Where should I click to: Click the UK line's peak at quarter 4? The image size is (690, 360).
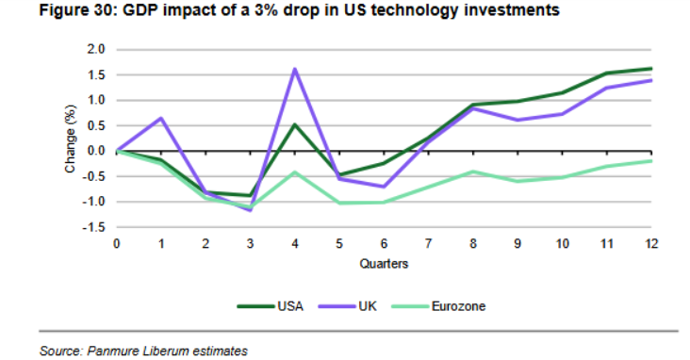(295, 69)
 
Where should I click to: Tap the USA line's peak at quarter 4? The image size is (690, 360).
(295, 124)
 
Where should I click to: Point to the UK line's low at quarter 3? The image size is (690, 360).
(251, 210)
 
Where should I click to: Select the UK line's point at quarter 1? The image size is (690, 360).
(161, 118)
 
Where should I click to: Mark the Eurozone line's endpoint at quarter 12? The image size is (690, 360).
(650, 161)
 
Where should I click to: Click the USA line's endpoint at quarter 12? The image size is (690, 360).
(650, 69)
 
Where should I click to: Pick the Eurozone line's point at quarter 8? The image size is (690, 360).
(473, 172)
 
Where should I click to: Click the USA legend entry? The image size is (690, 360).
(271, 306)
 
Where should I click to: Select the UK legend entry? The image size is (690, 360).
(348, 306)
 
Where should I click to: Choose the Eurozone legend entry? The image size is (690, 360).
(438, 306)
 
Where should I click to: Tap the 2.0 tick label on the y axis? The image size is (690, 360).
(95, 49)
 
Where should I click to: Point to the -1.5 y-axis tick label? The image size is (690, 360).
(93, 227)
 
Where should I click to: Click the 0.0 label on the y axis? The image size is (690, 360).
(95, 151)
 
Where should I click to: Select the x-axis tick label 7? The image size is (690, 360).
(429, 244)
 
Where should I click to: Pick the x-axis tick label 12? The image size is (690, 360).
(650, 244)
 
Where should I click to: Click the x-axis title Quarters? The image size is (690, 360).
(384, 264)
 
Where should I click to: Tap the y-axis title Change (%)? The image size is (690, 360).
(71, 139)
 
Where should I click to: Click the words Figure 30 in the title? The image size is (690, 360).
(77, 9)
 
